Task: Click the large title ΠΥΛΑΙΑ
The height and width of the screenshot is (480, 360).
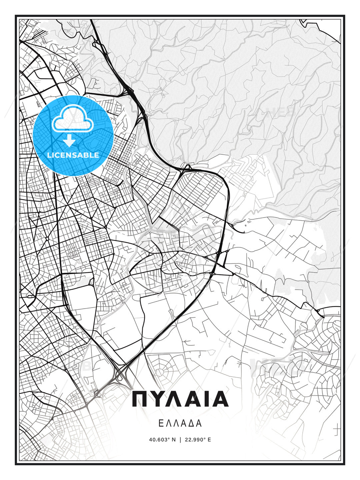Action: [180, 399]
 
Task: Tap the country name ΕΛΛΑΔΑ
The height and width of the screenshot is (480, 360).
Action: [180, 423]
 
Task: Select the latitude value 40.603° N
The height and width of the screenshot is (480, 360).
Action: [162, 440]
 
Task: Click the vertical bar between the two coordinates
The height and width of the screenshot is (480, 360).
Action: [180, 440]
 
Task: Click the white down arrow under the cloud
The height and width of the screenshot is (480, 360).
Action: [69, 141]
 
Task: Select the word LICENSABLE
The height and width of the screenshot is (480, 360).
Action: [73, 155]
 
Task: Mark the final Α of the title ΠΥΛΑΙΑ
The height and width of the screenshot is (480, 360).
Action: [220, 399]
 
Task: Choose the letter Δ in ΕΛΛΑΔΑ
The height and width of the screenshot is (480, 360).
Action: [191, 423]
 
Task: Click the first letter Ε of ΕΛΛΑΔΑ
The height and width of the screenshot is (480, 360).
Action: [161, 423]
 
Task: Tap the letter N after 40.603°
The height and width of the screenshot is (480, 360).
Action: [174, 440]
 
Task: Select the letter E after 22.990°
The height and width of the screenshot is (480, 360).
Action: [209, 440]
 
